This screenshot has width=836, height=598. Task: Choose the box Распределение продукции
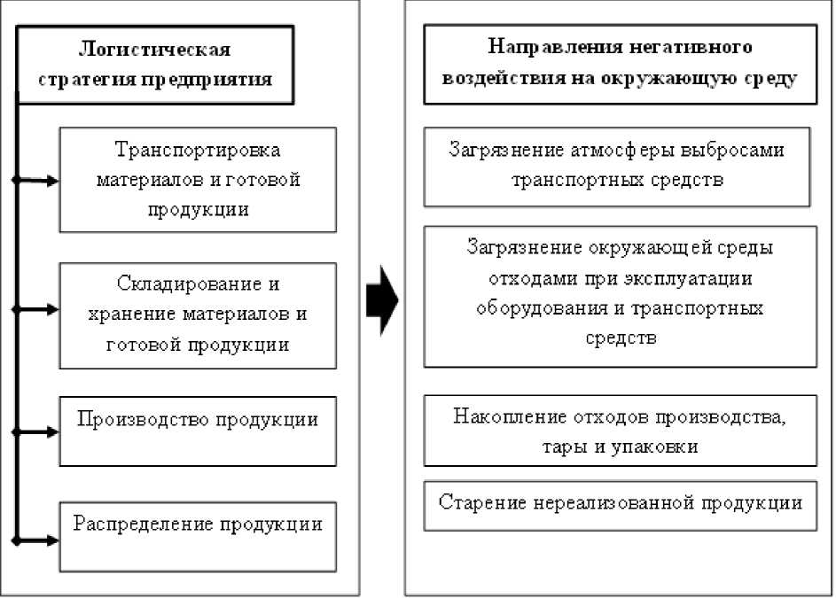click(x=198, y=536)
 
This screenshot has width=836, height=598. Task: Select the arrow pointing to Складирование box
click(x=40, y=310)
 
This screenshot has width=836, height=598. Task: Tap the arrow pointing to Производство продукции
click(x=40, y=432)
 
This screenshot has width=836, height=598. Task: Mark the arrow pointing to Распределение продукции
click(x=40, y=540)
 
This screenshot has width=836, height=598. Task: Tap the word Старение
click(x=483, y=501)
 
